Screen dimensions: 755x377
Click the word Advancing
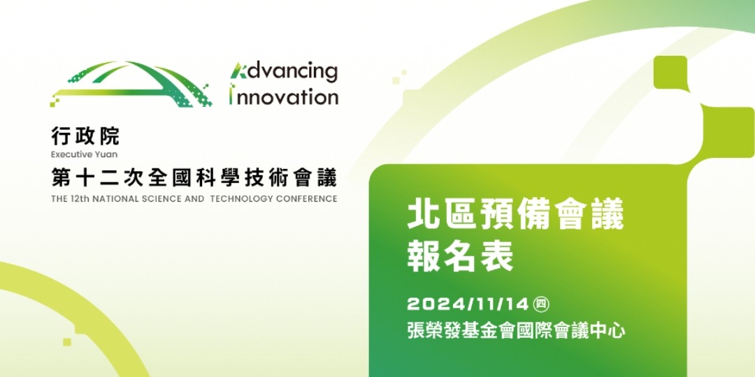(284, 71)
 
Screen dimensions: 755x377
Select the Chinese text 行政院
(85, 138)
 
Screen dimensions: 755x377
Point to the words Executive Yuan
(84, 154)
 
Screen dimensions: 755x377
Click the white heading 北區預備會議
(516, 217)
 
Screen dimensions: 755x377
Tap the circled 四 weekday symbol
(541, 304)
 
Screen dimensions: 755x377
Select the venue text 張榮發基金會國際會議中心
(516, 331)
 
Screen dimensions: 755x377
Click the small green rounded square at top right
(670, 72)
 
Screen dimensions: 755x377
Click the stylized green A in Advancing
(236, 71)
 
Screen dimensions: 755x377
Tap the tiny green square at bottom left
(67, 342)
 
